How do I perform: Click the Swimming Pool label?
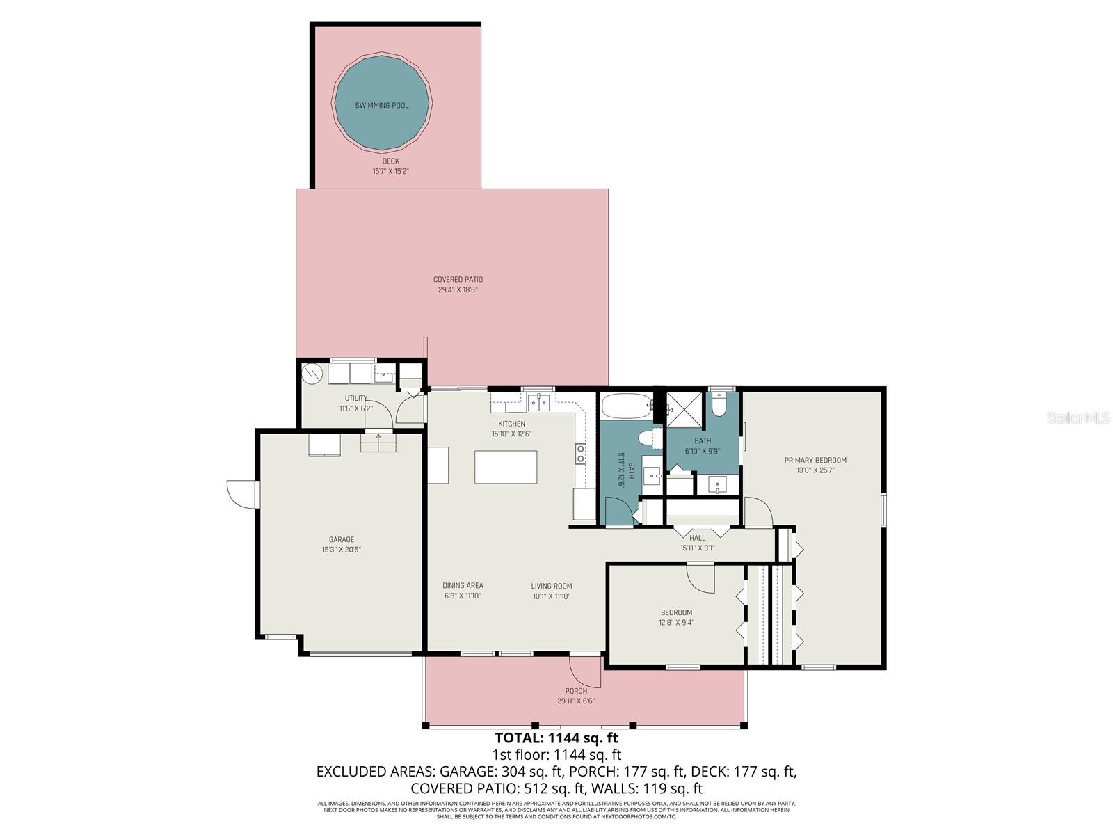click(x=382, y=106)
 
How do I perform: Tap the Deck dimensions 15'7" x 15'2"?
click(x=390, y=170)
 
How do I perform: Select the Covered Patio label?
click(x=458, y=280)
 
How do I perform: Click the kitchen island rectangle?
click(x=506, y=467)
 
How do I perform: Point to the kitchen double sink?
click(x=538, y=403)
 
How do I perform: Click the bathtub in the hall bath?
click(x=625, y=405)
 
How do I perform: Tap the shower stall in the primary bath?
click(x=685, y=408)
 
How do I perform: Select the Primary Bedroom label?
click(x=815, y=460)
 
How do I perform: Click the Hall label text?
click(x=697, y=538)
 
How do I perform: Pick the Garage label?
click(x=342, y=539)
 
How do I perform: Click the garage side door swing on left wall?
click(x=241, y=493)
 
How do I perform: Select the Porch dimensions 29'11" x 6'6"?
click(x=576, y=701)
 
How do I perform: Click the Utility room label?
click(x=355, y=399)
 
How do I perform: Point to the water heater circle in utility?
click(x=312, y=374)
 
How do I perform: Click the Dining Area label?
click(x=463, y=586)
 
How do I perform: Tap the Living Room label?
click(x=552, y=586)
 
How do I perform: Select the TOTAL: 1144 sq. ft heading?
click(x=556, y=738)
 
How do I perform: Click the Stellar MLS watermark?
click(x=1078, y=417)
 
